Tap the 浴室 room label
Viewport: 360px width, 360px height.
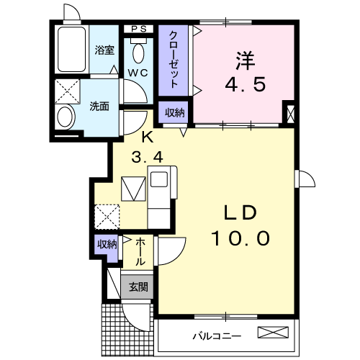tap(105, 50)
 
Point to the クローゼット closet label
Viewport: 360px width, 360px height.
tap(174, 60)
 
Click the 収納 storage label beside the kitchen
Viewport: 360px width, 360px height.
tap(174, 112)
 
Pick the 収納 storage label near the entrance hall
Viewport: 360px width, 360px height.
tap(107, 244)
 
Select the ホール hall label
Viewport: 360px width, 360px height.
tap(139, 251)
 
